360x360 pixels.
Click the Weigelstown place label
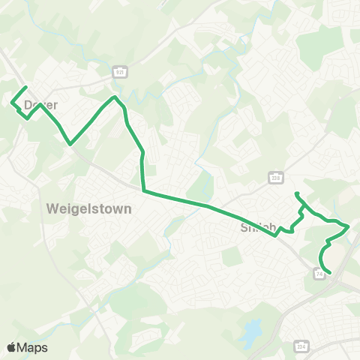pos(88,208)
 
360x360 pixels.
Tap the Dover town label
pos(40,106)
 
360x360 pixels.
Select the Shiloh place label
pos(259,226)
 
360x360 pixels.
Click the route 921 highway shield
pos(118,71)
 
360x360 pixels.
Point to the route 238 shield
pos(275,176)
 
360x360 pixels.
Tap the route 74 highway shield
pos(319,274)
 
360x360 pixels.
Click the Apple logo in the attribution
pos(11,346)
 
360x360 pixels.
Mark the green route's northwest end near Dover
pos(26,87)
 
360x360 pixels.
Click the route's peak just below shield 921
pos(114,97)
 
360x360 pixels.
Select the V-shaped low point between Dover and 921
pos(70,143)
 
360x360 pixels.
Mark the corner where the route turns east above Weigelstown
pos(142,190)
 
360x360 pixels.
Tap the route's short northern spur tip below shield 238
pos(297,194)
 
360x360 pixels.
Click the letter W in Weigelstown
pos(52,208)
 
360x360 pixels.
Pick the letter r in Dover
pos(55,106)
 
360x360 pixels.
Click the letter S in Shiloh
pos(244,226)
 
